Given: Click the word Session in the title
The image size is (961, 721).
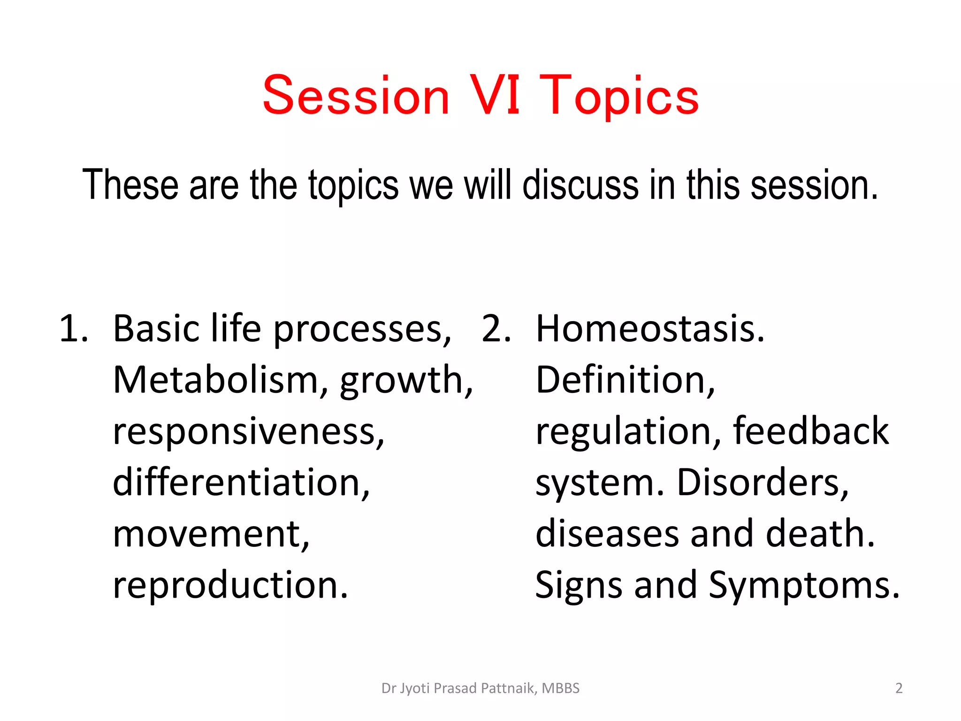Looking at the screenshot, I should pyautogui.click(x=356, y=96).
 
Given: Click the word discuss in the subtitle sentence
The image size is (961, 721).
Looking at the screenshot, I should pyautogui.click(x=580, y=185).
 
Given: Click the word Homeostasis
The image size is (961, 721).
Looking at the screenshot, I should pyautogui.click(x=650, y=329).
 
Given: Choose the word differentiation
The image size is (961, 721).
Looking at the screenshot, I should pyautogui.click(x=241, y=482).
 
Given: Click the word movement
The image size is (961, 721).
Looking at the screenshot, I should pyautogui.click(x=211, y=534).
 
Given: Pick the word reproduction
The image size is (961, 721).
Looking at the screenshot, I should pyautogui.click(x=230, y=586).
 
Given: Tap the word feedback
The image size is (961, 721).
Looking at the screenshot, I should pyautogui.click(x=810, y=430).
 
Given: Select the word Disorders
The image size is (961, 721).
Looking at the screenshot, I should pyautogui.click(x=763, y=482).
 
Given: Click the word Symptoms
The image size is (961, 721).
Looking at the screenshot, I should pyautogui.click(x=804, y=586).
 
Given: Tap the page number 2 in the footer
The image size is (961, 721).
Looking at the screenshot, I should pyautogui.click(x=899, y=688).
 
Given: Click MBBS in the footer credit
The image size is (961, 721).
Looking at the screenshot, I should pyautogui.click(x=561, y=688).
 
